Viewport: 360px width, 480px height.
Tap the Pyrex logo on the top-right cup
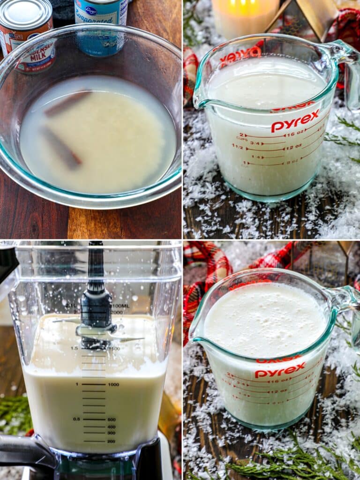click(x=295, y=121)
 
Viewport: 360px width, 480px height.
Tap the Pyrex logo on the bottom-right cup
click(x=280, y=370)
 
